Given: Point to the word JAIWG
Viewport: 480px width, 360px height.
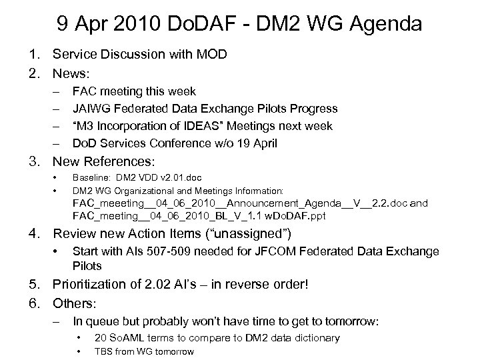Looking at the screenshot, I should click(91, 108).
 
